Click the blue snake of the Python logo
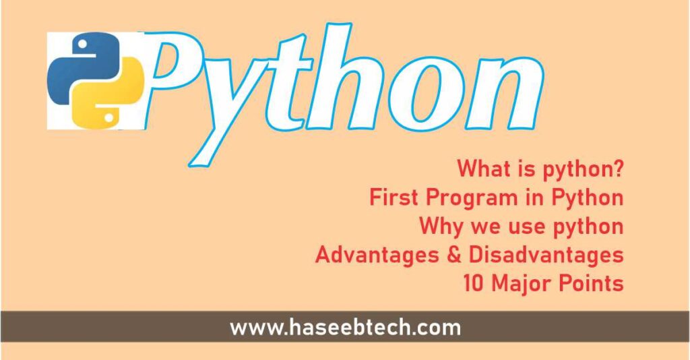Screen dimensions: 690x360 [70, 66]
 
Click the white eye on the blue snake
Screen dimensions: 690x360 [82, 44]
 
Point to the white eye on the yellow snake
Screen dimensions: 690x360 [108, 117]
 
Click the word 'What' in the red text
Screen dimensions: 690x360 [479, 169]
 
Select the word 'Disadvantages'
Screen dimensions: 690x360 [546, 256]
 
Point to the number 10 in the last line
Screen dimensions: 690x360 [473, 284]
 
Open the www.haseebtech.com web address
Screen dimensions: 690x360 [345, 328]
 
